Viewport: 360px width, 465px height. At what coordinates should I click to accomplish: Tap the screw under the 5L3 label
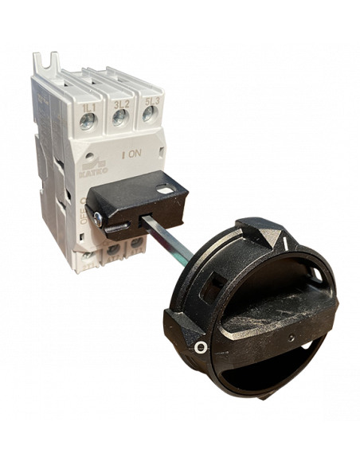point(148,116)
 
